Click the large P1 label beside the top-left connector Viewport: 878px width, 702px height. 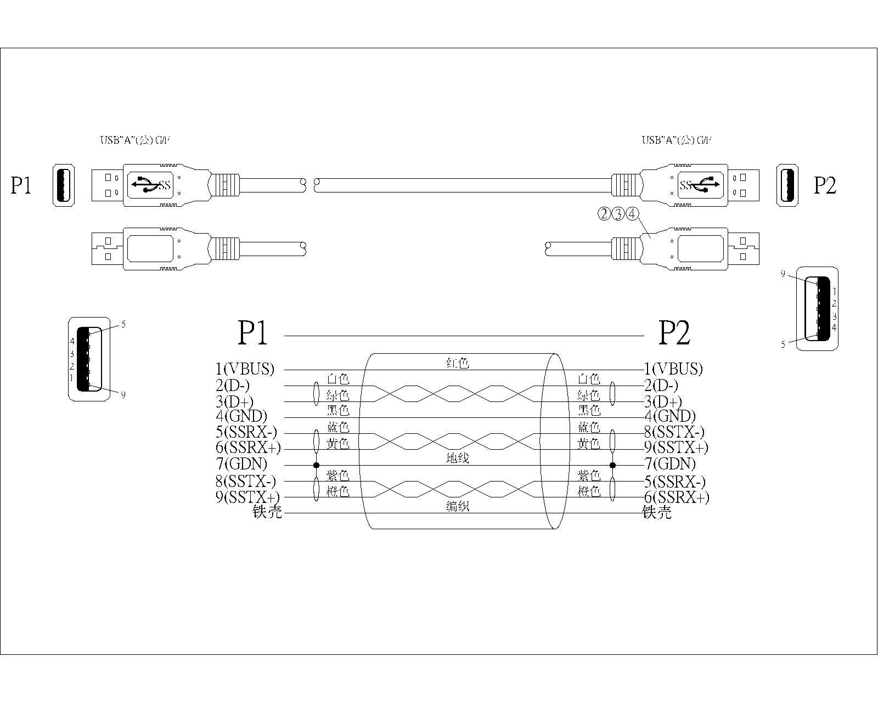click(x=21, y=185)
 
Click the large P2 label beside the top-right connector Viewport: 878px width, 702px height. click(x=825, y=185)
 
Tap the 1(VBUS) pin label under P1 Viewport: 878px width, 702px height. click(x=245, y=369)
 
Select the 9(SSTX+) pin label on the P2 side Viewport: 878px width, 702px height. click(x=676, y=448)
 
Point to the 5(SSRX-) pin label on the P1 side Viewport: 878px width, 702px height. click(x=246, y=432)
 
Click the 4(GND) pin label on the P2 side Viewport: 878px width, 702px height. click(x=669, y=416)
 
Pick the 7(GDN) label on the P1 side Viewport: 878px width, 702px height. click(x=241, y=463)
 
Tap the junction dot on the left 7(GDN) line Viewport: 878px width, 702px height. click(x=316, y=465)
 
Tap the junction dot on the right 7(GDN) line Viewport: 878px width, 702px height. click(x=613, y=465)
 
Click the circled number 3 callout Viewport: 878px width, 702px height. click(x=618, y=214)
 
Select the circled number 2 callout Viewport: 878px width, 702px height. click(x=604, y=214)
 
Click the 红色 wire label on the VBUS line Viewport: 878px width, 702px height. click(x=458, y=363)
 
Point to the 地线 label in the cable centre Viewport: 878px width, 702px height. click(x=458, y=458)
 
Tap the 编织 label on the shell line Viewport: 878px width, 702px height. click(x=458, y=507)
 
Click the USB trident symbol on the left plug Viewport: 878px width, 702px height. click(x=145, y=185)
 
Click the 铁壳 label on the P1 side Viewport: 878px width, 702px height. click(x=267, y=512)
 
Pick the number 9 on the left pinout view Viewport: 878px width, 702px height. click(x=123, y=394)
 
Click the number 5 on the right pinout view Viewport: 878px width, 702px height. click(x=783, y=344)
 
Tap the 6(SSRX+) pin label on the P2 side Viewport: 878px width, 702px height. click(x=677, y=497)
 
